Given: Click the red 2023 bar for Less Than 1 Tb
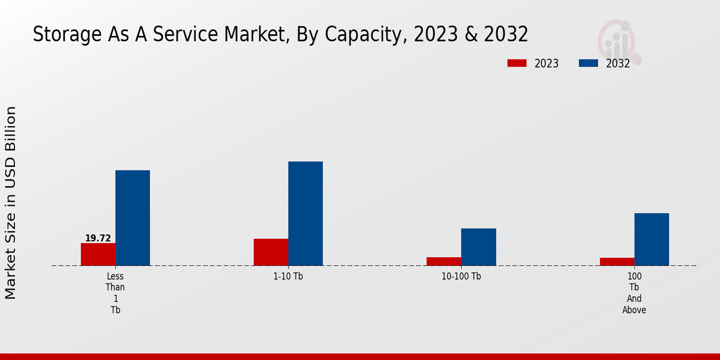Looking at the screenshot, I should [98, 254].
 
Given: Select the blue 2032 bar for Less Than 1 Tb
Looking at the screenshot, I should [133, 218].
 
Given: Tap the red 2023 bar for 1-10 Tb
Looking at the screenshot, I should [271, 252].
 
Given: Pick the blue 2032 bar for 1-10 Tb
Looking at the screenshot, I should [305, 214].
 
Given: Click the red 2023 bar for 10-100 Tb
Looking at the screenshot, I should [444, 262].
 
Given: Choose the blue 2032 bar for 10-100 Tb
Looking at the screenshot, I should [478, 247].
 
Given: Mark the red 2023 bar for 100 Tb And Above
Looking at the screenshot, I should [617, 262].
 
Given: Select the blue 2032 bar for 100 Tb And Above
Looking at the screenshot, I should [652, 239].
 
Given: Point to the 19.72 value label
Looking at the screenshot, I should [98, 238].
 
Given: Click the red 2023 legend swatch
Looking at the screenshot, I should [517, 63].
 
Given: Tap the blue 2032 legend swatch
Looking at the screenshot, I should [588, 63].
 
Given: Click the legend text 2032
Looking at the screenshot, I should [618, 64].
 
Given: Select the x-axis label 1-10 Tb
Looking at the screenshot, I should [288, 277].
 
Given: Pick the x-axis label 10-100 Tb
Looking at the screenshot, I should [461, 277].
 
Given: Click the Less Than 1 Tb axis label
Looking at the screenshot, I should [115, 293].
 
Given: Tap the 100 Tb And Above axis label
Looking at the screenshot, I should [634, 293].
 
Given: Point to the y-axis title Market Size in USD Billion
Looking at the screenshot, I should [11, 203].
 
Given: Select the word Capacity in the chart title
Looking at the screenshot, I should [364, 35].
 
